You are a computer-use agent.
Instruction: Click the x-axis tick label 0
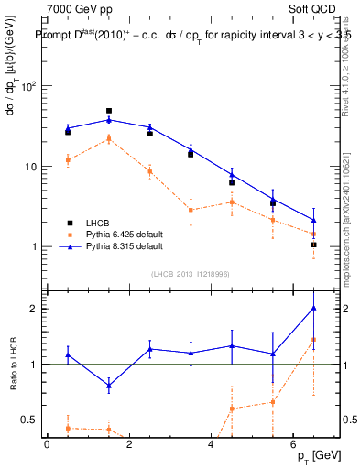tap(47, 444)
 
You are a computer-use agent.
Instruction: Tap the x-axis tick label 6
tap(292, 444)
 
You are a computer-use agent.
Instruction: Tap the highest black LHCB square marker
tap(109, 111)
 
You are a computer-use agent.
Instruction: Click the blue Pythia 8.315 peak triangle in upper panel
tap(109, 120)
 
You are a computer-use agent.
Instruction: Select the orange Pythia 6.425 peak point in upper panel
tap(109, 139)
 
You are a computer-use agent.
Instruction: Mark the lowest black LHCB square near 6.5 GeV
tap(313, 245)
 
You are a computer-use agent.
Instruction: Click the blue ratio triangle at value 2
tap(313, 309)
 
